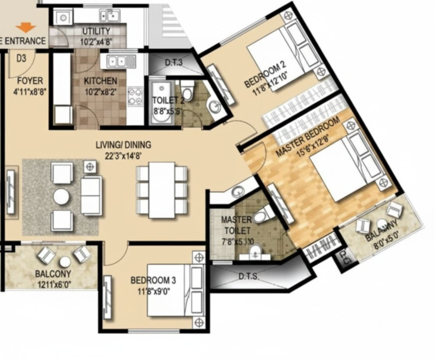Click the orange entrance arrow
pyautogui.click(x=25, y=28)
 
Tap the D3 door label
pyautogui.click(x=21, y=58)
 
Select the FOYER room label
pyautogui.click(x=29, y=81)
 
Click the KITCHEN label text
pyautogui.click(x=100, y=81)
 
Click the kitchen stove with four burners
pyautogui.click(x=135, y=96)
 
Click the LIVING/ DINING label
pyautogui.click(x=123, y=145)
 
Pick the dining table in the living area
pyautogui.click(x=162, y=190)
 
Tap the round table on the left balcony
pyautogui.click(x=64, y=261)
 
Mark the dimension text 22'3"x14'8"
pyautogui.click(x=123, y=155)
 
